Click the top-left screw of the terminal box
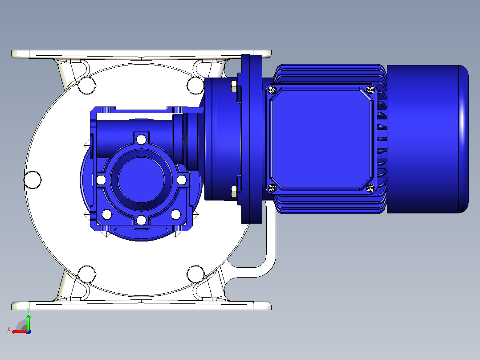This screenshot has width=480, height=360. coord(272,90)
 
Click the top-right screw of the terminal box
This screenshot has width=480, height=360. coord(370,90)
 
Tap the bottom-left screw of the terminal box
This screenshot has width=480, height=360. coord(272,188)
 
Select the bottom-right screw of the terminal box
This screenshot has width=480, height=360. coord(370,188)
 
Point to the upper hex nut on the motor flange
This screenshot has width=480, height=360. coord(234,86)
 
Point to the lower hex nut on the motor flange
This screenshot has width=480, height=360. coord(234,192)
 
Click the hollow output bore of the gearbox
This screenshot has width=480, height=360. coord(141,180)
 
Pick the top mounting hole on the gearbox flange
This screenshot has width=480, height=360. coord(141,140)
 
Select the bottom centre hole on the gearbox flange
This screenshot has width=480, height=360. coord(141,220)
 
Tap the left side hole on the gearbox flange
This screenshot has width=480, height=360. coord(102,180)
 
